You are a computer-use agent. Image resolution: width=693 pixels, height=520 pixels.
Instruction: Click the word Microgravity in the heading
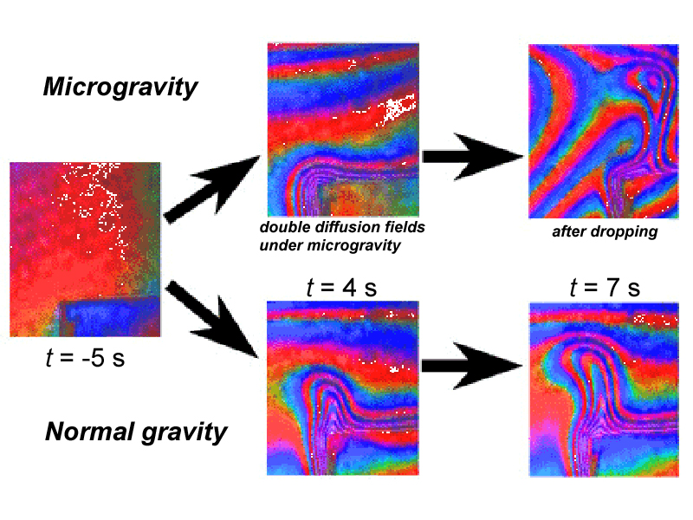click(120, 88)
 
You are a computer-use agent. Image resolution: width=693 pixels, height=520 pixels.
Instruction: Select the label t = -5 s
click(85, 358)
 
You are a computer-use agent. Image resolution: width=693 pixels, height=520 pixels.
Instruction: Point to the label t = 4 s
click(341, 288)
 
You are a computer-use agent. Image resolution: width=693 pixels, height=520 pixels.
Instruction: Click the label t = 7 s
click(605, 288)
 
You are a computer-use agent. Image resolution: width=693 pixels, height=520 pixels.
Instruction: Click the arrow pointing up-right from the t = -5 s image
click(211, 189)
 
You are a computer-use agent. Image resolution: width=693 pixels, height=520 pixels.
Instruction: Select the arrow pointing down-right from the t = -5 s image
click(211, 320)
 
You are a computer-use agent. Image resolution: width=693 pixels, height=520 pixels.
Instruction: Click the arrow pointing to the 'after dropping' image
click(473, 157)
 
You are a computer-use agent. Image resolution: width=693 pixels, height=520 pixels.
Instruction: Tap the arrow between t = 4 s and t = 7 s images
click(472, 366)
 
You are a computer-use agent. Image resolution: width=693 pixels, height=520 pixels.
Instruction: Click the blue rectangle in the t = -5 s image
click(110, 317)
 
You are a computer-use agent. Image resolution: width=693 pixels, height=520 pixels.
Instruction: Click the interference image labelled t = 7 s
click(604, 389)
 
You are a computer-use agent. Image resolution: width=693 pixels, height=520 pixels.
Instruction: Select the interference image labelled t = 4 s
click(342, 388)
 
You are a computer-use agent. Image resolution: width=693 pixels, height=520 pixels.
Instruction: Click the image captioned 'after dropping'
click(604, 132)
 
